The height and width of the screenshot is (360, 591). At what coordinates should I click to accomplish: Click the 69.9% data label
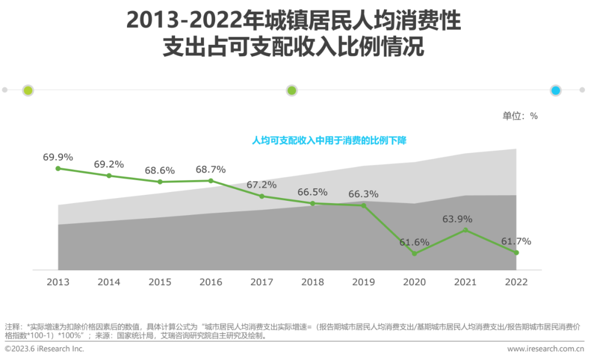(x=58, y=157)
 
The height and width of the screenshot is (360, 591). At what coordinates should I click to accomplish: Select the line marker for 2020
(x=414, y=253)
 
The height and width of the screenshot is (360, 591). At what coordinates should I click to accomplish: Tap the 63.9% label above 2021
(x=457, y=219)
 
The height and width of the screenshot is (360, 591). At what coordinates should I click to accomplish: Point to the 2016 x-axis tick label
(x=211, y=282)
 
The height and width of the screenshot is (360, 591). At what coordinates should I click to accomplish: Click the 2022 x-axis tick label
(x=516, y=282)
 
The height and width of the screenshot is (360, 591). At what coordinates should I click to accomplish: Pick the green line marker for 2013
(x=58, y=169)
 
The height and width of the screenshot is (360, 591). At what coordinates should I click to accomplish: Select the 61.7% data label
(x=516, y=241)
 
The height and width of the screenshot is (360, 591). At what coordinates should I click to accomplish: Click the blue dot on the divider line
(x=556, y=91)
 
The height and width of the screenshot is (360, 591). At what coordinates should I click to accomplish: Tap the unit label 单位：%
(x=520, y=116)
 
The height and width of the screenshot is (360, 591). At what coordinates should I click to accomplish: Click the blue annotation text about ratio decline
(x=329, y=141)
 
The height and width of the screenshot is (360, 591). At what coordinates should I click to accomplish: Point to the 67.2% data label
(x=262, y=185)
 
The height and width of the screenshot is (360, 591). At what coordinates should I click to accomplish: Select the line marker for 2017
(x=262, y=196)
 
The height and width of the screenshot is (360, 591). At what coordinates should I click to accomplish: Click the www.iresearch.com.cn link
(x=546, y=349)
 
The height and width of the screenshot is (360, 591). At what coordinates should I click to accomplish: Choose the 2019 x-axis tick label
(x=363, y=282)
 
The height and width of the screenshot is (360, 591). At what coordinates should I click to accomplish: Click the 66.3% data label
(x=363, y=194)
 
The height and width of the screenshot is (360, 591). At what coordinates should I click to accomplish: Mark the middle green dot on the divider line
(x=292, y=91)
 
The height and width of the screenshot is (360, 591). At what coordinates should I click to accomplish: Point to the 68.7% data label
(x=211, y=170)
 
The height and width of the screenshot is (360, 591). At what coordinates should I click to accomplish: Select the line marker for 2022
(x=516, y=252)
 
